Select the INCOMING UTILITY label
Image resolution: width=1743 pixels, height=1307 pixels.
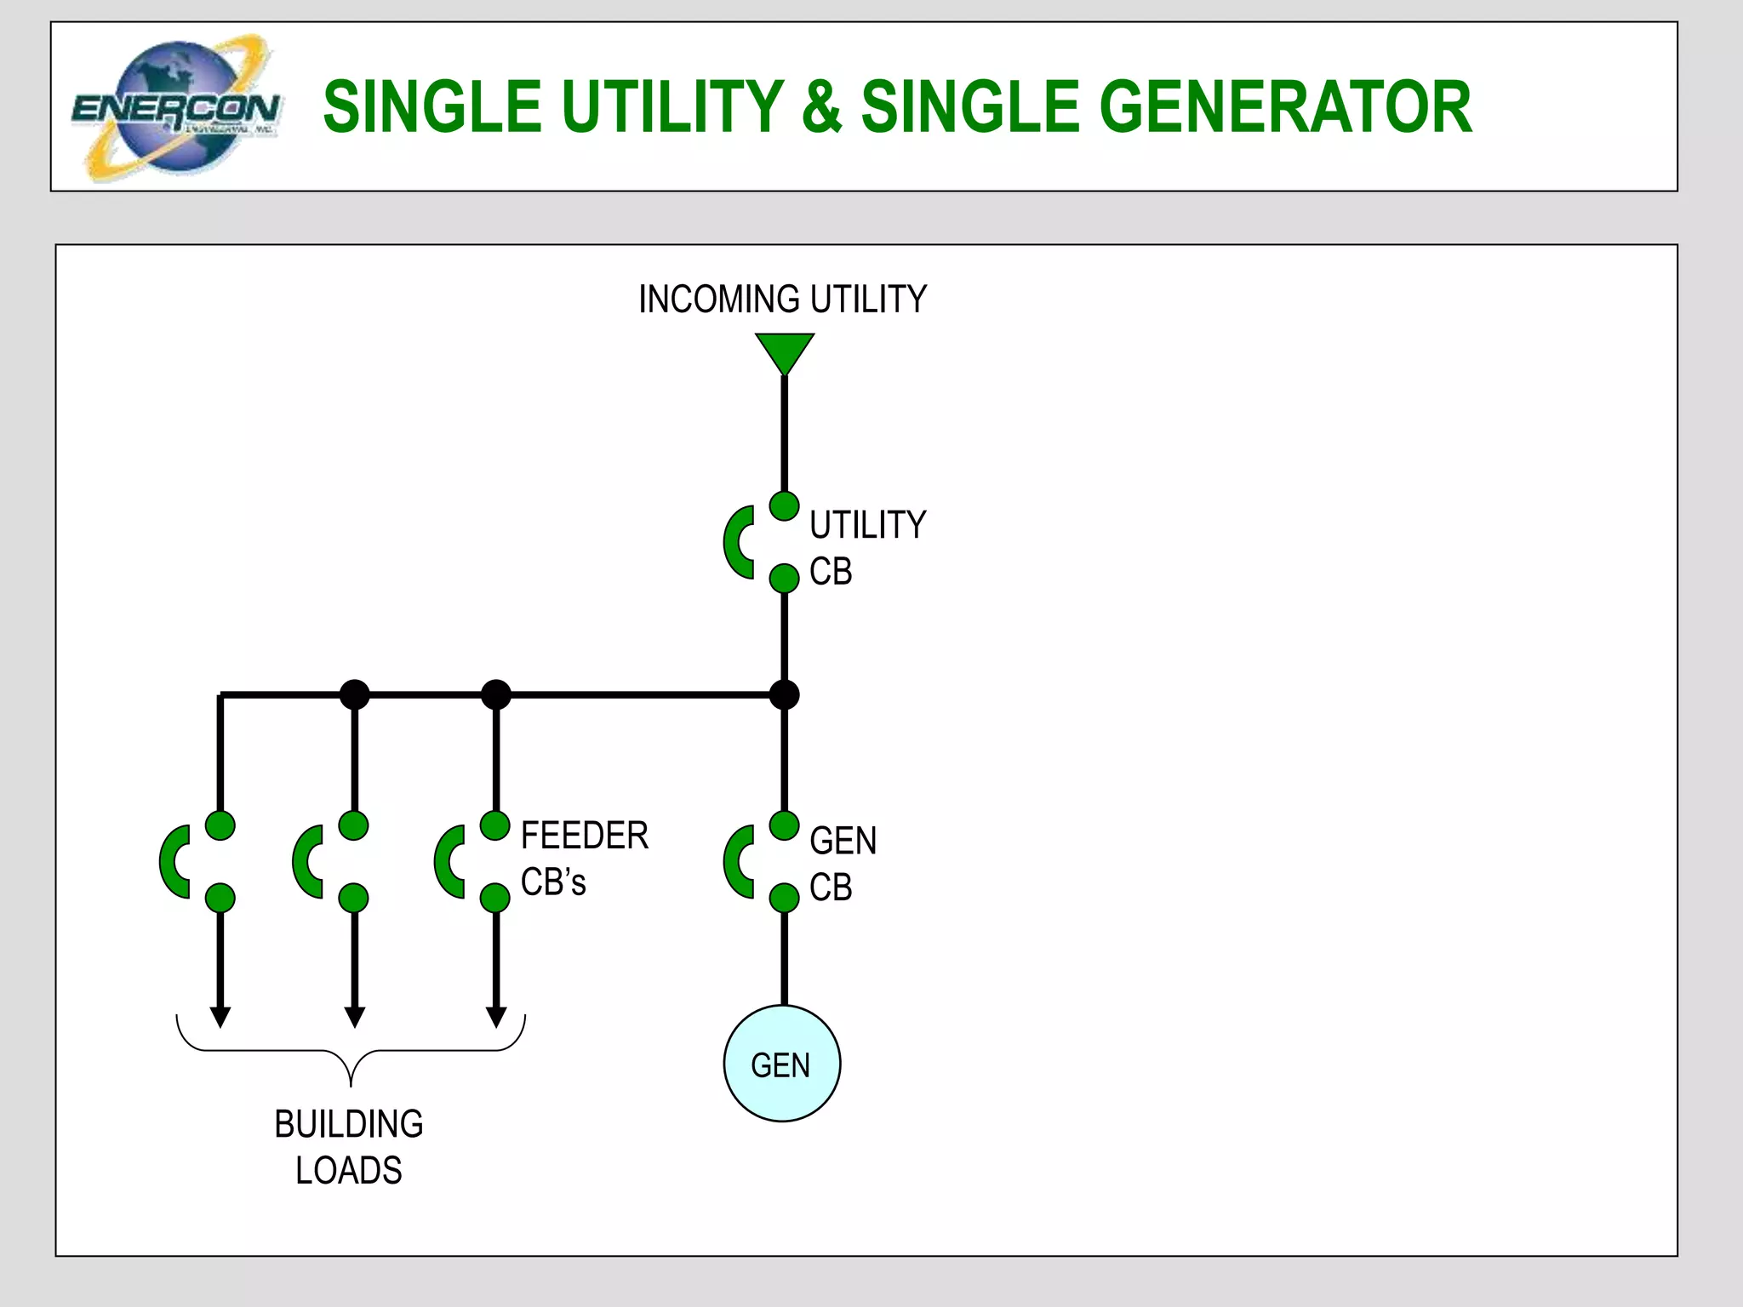pos(782,300)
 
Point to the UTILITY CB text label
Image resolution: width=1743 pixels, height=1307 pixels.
pos(866,547)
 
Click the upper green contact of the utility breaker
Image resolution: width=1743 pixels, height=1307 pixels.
pos(784,506)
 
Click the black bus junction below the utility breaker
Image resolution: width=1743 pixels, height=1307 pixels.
pos(784,695)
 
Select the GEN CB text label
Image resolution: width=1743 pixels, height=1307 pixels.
pos(843,864)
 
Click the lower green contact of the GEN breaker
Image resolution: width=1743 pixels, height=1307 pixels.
pos(784,898)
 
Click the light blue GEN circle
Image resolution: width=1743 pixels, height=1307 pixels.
pos(781,1064)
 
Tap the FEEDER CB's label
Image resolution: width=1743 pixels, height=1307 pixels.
pos(584,858)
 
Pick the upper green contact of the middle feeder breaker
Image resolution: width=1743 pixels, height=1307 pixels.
pos(353,825)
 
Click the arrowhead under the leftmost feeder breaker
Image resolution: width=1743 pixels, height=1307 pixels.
pos(220,1017)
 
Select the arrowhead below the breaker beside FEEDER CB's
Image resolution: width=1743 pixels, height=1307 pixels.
pos(496,1017)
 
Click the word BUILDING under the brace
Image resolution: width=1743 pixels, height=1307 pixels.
pos(348,1124)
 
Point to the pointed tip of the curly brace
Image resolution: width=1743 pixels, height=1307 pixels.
pos(351,1083)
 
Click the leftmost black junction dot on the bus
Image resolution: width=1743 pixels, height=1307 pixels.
pos(354,695)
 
